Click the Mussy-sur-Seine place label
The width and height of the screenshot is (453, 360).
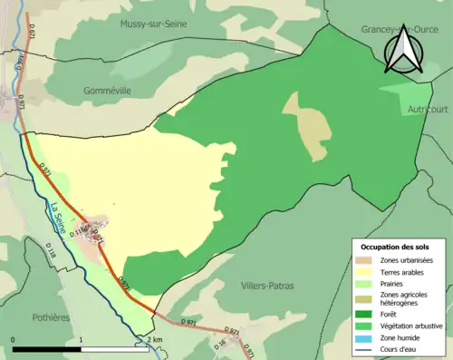tap(153, 24)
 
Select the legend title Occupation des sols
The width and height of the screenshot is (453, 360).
tap(396, 247)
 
